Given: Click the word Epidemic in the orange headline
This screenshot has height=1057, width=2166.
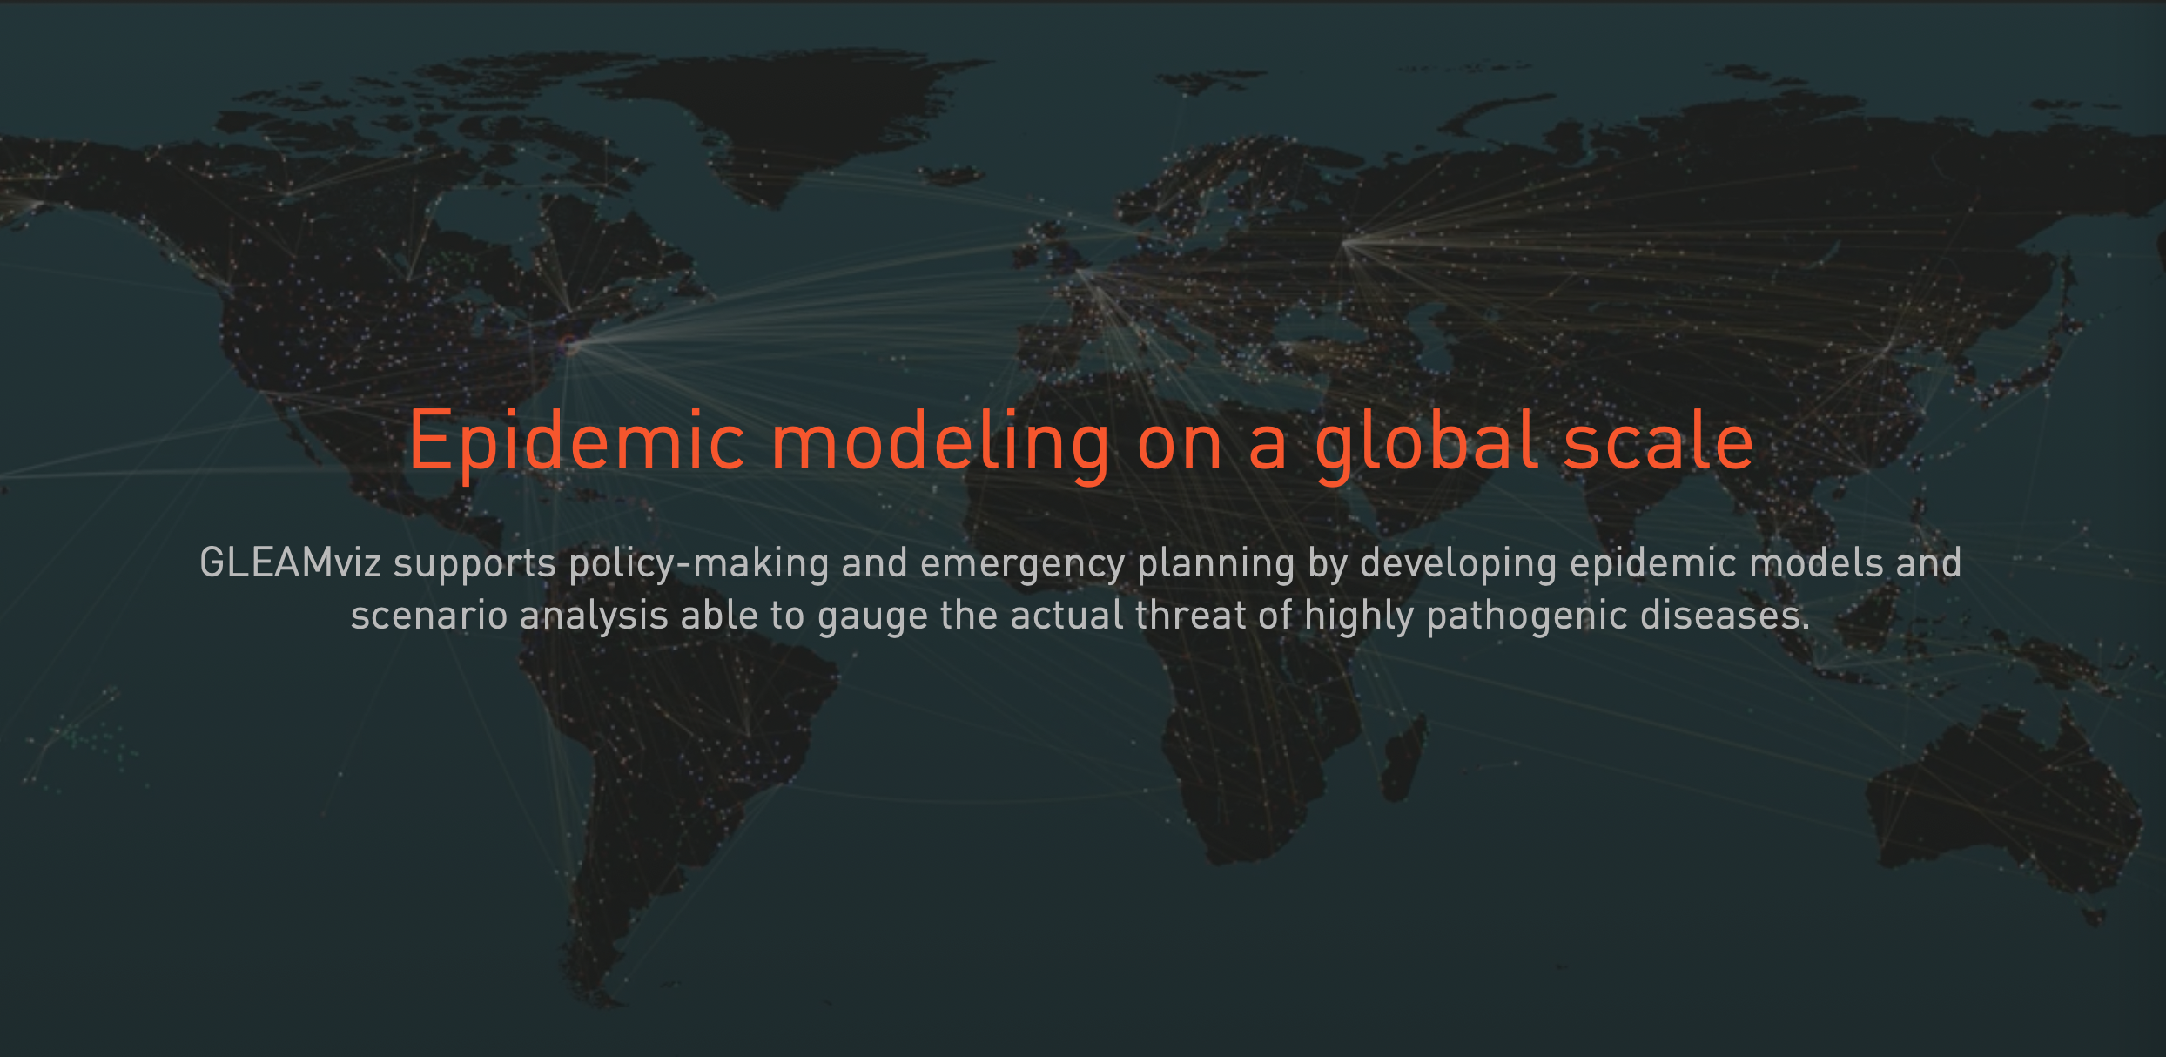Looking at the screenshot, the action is (577, 442).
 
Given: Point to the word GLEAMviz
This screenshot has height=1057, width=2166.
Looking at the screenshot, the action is (290, 562).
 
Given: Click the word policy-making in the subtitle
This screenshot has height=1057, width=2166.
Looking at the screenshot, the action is (698, 564).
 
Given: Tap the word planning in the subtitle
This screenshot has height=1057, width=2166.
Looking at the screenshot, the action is (1216, 564).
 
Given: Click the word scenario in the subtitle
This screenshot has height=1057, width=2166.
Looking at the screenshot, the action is (429, 616).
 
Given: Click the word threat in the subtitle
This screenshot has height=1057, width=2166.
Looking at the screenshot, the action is (1190, 615).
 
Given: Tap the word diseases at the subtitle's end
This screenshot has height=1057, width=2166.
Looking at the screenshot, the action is (1725, 615).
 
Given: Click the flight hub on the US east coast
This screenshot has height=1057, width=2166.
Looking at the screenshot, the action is (570, 347).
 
